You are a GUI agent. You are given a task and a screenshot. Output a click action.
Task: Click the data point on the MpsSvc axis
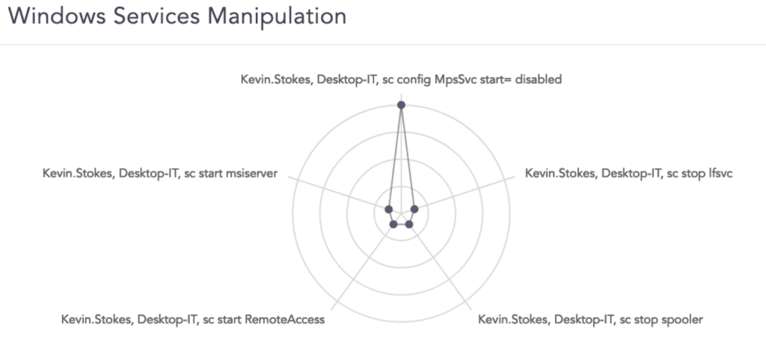pyautogui.click(x=401, y=105)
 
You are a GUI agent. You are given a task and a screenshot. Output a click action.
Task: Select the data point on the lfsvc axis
pyautogui.click(x=414, y=209)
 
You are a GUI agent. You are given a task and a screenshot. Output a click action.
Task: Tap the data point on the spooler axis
pyautogui.click(x=409, y=225)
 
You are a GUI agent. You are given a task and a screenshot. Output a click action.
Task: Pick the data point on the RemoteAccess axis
pyautogui.click(x=393, y=225)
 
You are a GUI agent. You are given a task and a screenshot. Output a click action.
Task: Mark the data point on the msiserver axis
pyautogui.click(x=388, y=209)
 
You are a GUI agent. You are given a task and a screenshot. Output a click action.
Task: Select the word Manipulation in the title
pyautogui.click(x=277, y=17)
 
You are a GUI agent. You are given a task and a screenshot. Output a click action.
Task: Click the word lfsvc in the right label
pyautogui.click(x=720, y=174)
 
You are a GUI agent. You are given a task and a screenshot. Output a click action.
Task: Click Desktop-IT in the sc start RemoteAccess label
pyautogui.click(x=165, y=320)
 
